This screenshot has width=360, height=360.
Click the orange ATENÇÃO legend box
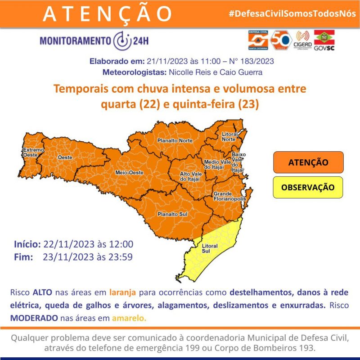[308, 162]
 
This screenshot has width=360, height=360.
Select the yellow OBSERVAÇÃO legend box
[308, 187]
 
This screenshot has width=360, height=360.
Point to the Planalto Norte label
[175, 141]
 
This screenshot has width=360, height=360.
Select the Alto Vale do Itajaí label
[189, 176]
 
